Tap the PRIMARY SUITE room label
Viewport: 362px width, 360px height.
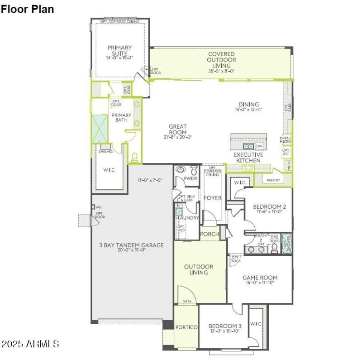point(119,50)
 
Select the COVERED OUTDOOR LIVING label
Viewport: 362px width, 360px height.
point(221,59)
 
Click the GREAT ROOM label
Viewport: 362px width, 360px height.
point(178,130)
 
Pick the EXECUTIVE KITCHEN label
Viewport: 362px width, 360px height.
point(247,157)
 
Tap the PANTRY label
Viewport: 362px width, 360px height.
point(273,180)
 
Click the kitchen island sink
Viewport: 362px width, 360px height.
point(248,146)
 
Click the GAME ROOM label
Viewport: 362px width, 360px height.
point(260,278)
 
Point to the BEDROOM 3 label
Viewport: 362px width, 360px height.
point(225,326)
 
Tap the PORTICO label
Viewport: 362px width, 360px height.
point(186,327)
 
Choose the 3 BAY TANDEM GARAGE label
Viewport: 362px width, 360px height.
point(131,245)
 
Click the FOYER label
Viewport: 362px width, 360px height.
point(212,198)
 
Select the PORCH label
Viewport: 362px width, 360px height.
point(210,234)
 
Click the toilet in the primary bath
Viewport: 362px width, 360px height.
point(134,157)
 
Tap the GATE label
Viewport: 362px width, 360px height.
point(186,301)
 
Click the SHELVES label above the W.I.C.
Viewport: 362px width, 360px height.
point(105,151)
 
